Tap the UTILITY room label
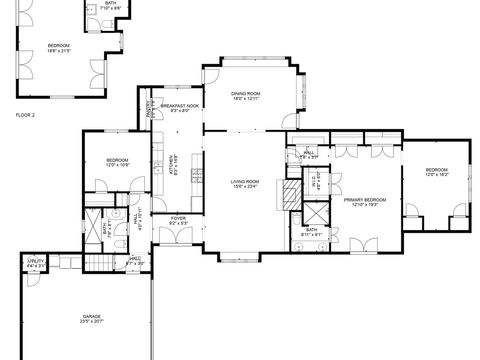[x=36, y=262]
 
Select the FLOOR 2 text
[x=25, y=116]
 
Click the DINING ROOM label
[x=246, y=93]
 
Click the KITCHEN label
[x=173, y=162]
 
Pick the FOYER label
[x=178, y=217]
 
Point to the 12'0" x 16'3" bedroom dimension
[x=437, y=175]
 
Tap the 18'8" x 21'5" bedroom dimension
[x=62, y=51]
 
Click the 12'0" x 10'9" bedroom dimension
[x=118, y=164]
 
